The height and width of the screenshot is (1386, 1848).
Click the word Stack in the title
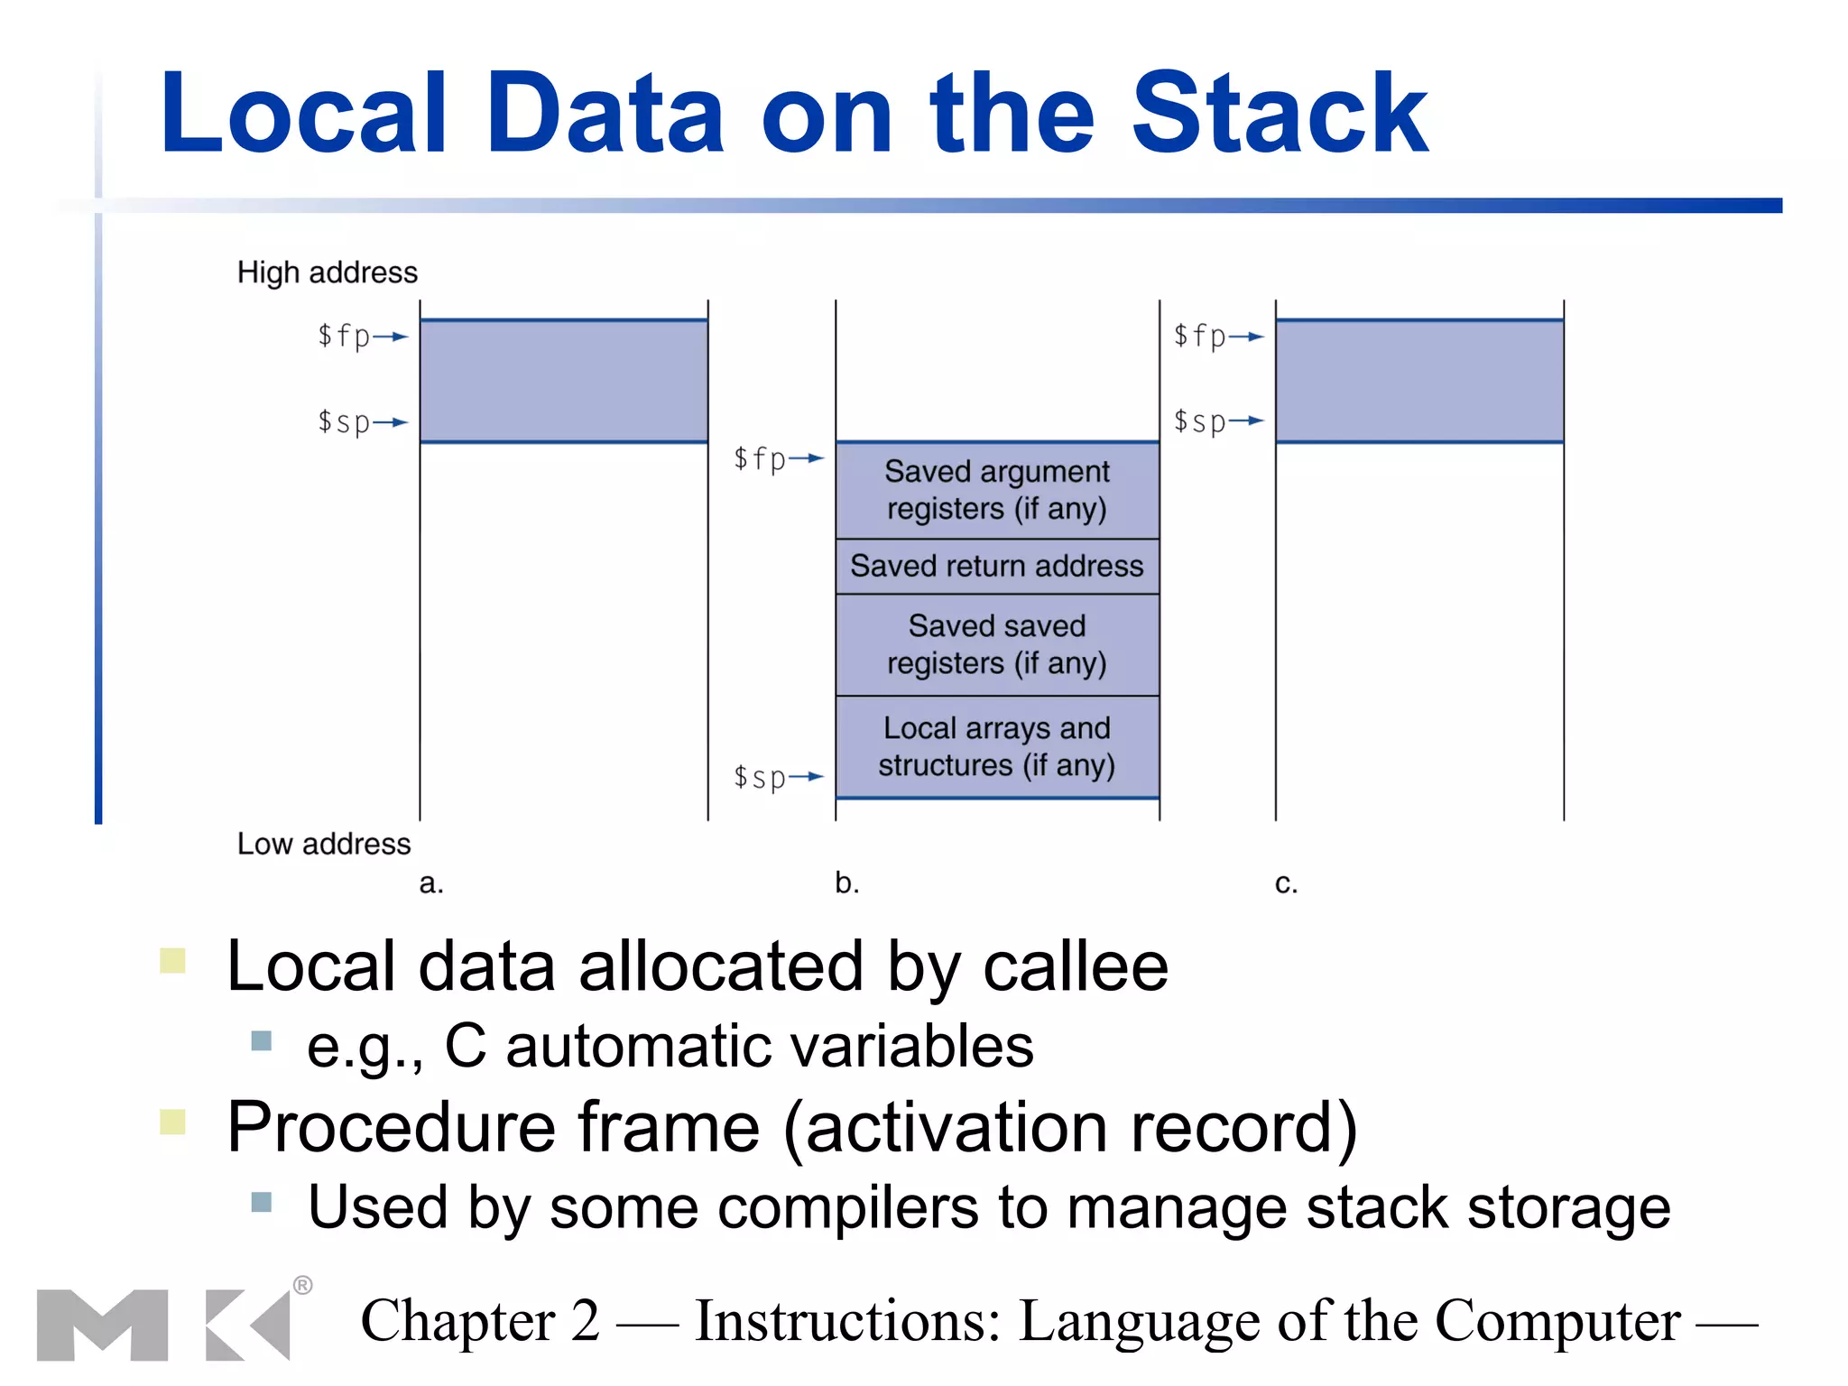tap(1279, 115)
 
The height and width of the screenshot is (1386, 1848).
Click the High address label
tap(327, 273)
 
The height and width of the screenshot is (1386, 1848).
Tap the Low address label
tap(323, 844)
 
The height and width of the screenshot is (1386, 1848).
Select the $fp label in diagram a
tap(345, 337)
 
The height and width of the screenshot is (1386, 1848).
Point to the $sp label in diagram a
tap(345, 422)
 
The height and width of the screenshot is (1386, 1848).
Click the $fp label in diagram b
tap(760, 458)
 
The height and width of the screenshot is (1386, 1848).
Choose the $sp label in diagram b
tap(760, 777)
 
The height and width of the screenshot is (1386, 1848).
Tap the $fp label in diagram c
tap(1200, 337)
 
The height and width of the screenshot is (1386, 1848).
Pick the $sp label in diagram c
tap(1200, 421)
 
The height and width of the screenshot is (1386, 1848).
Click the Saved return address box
tap(997, 567)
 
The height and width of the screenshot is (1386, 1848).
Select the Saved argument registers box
tap(997, 491)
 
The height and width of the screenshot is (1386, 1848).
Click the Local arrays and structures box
tap(997, 747)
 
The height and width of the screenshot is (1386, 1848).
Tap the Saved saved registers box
tap(997, 644)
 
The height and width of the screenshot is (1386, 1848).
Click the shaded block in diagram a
tap(564, 381)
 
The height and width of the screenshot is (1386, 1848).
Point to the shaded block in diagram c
tap(1419, 381)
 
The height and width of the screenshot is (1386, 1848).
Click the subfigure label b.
tap(846, 882)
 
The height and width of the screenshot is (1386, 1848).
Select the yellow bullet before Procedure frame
tap(172, 1122)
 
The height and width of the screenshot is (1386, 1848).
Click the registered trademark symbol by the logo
tap(303, 1285)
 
